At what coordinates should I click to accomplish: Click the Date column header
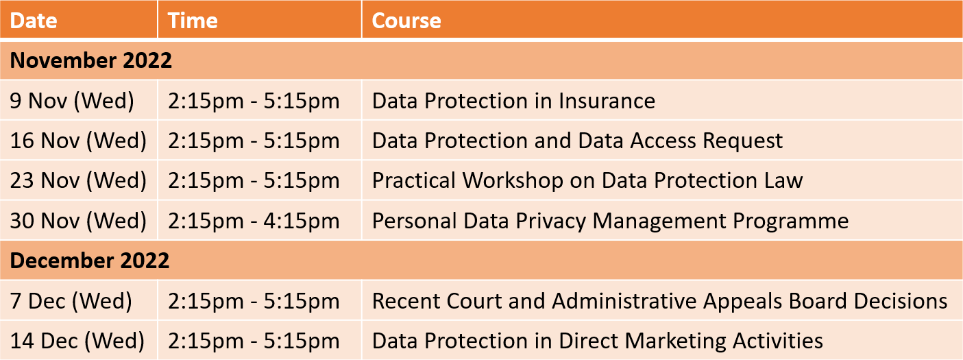point(34,20)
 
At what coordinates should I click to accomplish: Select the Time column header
point(193,20)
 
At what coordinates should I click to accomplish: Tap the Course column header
point(406,20)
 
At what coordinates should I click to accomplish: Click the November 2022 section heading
point(90,60)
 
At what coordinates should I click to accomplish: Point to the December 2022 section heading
point(89,260)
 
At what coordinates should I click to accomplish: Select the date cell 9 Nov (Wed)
point(72,101)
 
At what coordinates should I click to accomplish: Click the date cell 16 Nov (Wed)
point(78,141)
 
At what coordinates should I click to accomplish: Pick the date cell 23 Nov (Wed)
point(78,180)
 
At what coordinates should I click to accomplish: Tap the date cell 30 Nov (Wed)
point(78,221)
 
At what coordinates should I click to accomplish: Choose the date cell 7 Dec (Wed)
point(71,300)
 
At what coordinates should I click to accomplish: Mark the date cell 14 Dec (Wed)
point(77,341)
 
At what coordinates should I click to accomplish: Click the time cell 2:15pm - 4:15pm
point(254,221)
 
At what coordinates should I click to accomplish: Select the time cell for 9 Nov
point(254,101)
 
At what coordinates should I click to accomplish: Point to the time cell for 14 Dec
point(254,341)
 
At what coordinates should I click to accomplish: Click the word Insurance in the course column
point(607,101)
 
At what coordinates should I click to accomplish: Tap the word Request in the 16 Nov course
point(743,141)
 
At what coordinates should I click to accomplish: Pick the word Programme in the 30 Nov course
point(791,221)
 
